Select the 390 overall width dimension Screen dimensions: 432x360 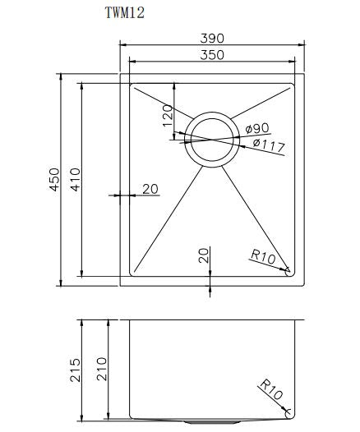click(x=211, y=39)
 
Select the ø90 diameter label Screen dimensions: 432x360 click(x=257, y=128)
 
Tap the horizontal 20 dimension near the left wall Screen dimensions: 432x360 click(x=150, y=189)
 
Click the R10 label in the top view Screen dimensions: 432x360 click(x=262, y=256)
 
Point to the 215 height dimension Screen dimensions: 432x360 click(x=75, y=370)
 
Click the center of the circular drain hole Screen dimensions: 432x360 click(x=210, y=140)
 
